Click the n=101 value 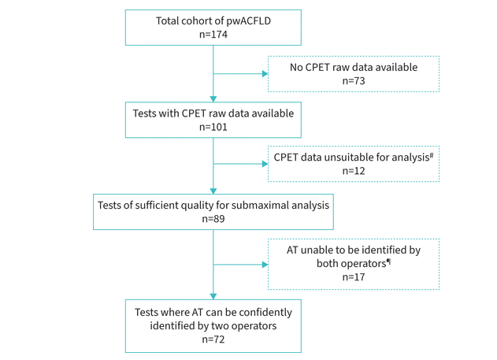coord(213,127)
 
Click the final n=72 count coord(213,339)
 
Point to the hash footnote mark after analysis coord(432,153)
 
